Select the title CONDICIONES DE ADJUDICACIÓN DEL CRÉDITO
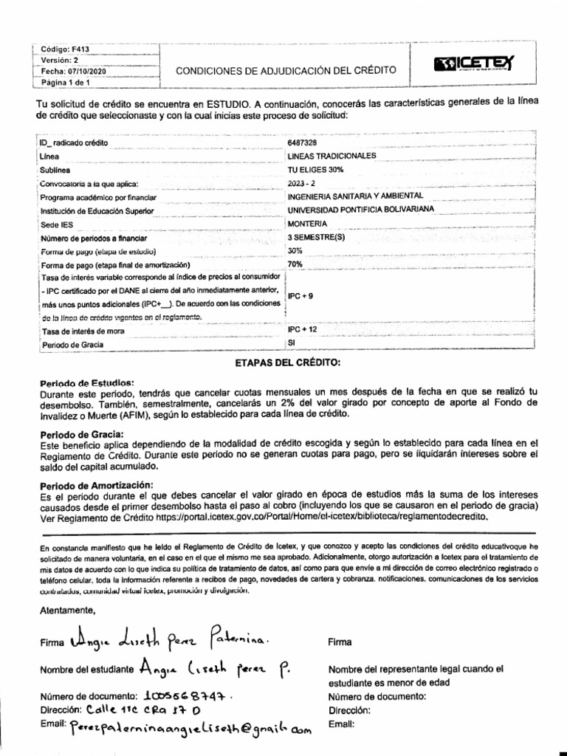[286, 70]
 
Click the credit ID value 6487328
[303, 142]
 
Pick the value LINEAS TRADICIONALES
[331, 156]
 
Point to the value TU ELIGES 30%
[315, 169]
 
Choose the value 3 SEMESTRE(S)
[315, 238]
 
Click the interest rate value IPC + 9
[300, 295]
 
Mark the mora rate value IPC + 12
[303, 329]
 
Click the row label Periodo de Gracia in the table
[73, 345]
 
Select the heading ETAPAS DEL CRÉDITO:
[287, 362]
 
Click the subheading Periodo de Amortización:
[95, 484]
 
